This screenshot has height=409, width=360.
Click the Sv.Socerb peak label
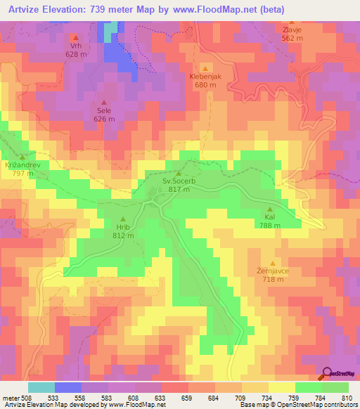179,181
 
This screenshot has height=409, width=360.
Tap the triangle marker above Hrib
124,218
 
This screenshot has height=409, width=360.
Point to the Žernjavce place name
274,271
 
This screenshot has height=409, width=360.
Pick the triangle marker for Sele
104,102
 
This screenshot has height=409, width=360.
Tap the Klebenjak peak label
205,77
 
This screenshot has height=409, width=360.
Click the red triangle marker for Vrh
76,37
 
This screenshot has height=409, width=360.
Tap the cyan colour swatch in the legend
41,387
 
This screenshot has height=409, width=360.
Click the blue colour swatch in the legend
67,387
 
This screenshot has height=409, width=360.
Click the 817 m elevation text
179,190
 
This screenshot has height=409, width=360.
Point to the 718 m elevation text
274,280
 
